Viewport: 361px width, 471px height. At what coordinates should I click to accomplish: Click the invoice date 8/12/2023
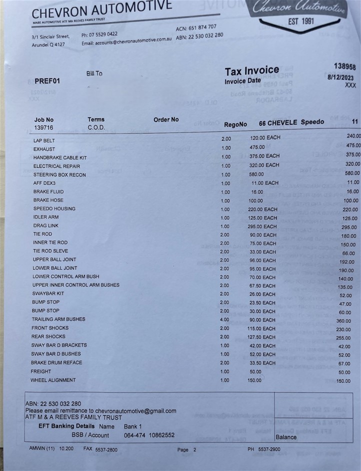click(341, 77)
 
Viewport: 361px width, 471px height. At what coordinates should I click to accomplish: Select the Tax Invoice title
click(251, 71)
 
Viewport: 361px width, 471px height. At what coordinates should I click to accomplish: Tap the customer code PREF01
click(47, 81)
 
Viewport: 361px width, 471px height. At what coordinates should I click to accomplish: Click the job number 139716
click(43, 128)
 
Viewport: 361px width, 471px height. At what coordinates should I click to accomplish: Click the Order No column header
click(166, 120)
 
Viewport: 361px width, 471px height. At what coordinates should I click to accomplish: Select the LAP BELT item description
click(44, 141)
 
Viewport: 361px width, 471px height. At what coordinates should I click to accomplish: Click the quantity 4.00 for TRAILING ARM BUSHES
click(225, 319)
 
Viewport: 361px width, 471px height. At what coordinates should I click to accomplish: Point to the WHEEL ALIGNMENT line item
click(53, 380)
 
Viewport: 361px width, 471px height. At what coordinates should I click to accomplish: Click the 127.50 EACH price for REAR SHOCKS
click(262, 337)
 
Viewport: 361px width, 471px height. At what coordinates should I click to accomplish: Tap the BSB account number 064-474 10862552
click(149, 435)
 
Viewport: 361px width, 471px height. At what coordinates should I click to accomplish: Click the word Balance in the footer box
click(286, 437)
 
